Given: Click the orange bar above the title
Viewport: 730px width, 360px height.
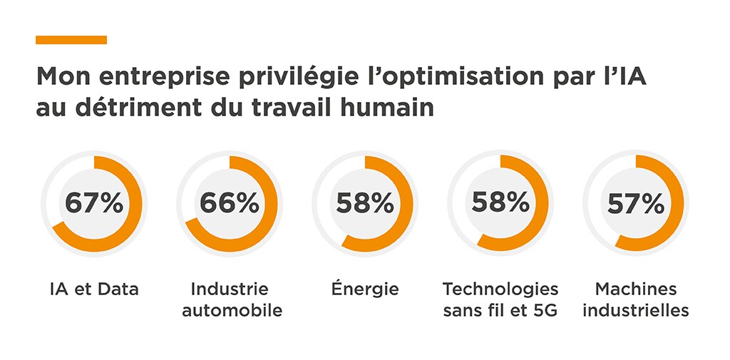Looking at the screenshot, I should point(71,40).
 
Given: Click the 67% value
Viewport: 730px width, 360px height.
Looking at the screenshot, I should point(94,203).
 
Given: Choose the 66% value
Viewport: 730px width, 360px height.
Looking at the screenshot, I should point(230,203).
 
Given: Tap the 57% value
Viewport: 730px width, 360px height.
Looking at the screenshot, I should point(636,204).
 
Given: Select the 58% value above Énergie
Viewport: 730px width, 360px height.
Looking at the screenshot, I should point(365,203).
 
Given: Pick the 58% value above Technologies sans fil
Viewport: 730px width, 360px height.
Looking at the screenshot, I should point(500,203).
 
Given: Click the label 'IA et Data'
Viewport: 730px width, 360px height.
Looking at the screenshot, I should point(94,289).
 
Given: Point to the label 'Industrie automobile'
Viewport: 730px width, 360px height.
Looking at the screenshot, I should point(230,300).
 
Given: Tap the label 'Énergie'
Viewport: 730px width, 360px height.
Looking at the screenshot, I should point(365,289).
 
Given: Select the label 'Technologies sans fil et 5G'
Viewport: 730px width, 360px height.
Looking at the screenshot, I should point(500,300).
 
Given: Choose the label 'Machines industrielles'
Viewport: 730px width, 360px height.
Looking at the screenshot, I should point(636,300).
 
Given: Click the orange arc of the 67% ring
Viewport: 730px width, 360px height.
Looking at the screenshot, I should point(135,214).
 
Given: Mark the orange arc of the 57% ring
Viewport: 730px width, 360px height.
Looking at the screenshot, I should point(678,214).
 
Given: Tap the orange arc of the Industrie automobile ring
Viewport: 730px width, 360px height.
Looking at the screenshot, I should point(271,214).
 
